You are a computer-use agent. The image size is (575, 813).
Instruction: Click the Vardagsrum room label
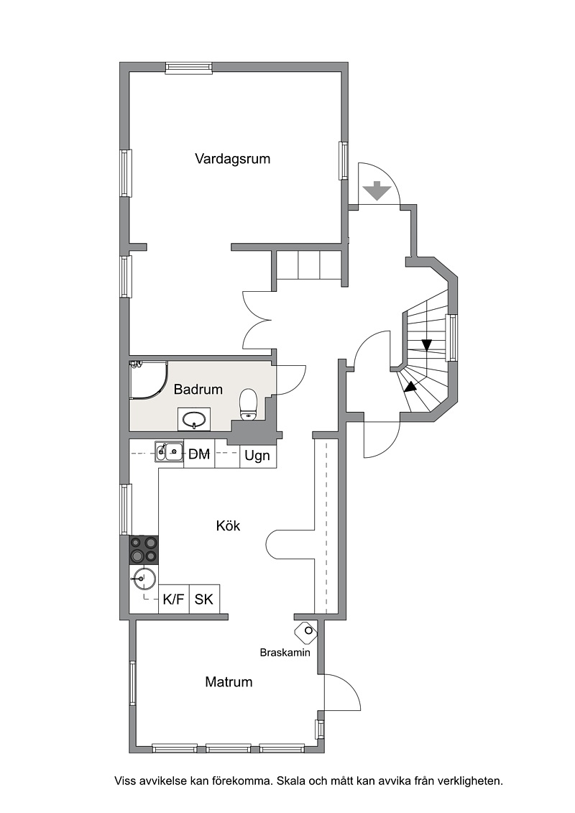232,159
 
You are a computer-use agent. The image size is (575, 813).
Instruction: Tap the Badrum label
198,389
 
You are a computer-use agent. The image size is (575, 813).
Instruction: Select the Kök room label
228,525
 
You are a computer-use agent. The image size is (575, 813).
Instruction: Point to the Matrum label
229,681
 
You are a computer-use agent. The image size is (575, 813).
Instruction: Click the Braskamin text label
285,652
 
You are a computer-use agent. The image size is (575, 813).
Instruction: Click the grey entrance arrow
377,190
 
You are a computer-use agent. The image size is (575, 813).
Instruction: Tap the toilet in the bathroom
249,405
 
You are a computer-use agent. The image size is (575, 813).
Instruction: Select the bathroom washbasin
195,419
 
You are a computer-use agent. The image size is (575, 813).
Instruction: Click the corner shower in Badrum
148,380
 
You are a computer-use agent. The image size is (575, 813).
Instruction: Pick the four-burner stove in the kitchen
144,550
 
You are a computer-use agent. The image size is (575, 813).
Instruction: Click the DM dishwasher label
199,454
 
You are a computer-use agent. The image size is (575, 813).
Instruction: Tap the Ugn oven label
257,456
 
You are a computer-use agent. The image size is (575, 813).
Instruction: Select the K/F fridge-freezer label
174,600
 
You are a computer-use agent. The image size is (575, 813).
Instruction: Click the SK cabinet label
203,600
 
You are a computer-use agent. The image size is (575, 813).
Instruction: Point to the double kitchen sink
169,451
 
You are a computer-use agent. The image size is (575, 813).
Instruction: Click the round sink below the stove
144,578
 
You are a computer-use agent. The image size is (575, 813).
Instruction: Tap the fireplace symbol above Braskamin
306,631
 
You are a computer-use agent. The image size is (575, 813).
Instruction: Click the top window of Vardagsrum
189,68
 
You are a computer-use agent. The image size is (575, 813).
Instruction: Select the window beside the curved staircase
452,338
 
